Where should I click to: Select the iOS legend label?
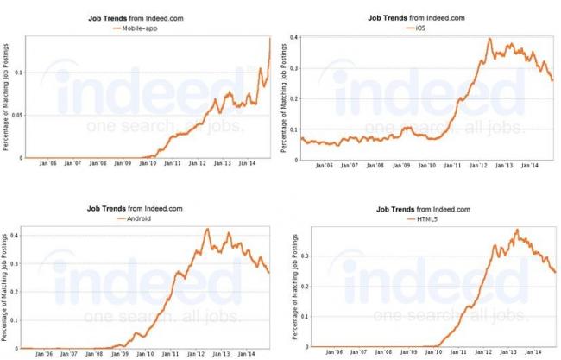(421, 28)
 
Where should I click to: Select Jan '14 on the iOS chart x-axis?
(530, 167)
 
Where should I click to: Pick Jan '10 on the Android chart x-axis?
(147, 354)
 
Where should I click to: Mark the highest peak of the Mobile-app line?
(270, 38)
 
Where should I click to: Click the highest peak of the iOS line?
(490, 39)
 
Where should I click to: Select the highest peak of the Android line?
(207, 229)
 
